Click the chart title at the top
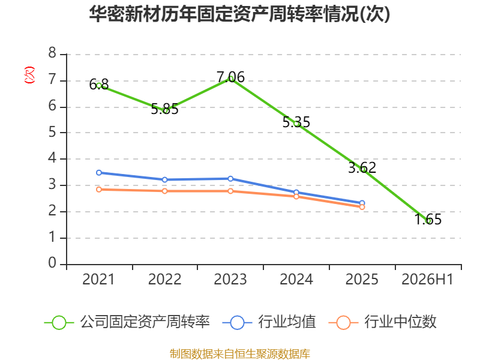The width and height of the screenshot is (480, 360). tap(239, 14)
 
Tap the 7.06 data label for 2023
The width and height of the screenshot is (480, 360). tap(230, 77)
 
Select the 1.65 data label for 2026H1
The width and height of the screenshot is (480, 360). tap(428, 219)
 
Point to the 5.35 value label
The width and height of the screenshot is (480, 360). tap(296, 122)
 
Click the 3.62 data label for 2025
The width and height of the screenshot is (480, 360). tap(362, 167)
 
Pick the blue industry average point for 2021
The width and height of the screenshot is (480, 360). tap(99, 173)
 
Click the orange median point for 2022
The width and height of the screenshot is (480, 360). tap(164, 191)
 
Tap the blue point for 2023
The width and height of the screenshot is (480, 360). tap(230, 178)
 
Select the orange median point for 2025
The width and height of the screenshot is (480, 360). tap(362, 207)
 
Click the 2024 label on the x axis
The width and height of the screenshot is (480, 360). tap(296, 279)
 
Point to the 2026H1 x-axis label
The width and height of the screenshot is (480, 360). tap(427, 279)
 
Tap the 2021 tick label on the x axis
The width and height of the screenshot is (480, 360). tap(98, 279)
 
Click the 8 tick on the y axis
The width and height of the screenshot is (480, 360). tap(52, 53)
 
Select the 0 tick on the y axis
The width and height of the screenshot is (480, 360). tap(52, 263)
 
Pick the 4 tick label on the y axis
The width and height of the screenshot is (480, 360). tap(52, 158)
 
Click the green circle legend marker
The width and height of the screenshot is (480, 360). tap(59, 323)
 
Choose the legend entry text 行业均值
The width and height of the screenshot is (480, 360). tap(287, 322)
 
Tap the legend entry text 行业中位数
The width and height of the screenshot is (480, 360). tap(400, 322)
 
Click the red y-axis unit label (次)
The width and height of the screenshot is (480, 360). tap(29, 75)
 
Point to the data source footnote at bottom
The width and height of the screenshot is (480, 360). tap(239, 354)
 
